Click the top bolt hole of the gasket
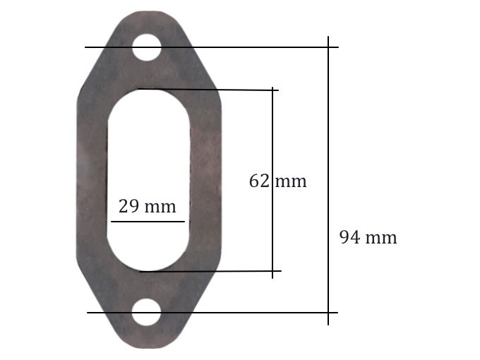(147, 47)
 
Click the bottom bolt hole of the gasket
(147, 312)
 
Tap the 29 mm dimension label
(148, 206)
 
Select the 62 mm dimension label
(277, 181)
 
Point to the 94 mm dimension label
(368, 238)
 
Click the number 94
(349, 238)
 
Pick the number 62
(259, 181)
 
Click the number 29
(128, 206)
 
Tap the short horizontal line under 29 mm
(148, 221)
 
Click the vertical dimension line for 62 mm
(272, 183)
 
